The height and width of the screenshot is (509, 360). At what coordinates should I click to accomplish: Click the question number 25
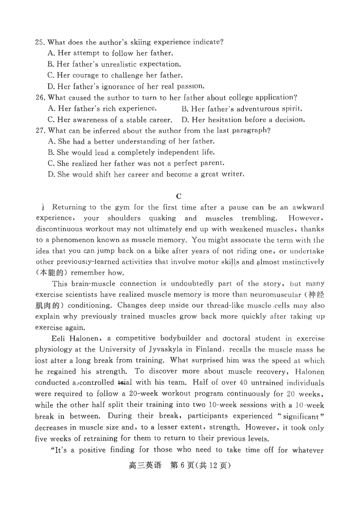coord(40,42)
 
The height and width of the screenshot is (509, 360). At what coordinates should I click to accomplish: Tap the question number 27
coord(40,131)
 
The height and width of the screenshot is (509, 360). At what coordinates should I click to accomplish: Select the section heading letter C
coord(179,196)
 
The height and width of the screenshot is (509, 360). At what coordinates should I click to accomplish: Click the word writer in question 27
coord(231,174)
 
